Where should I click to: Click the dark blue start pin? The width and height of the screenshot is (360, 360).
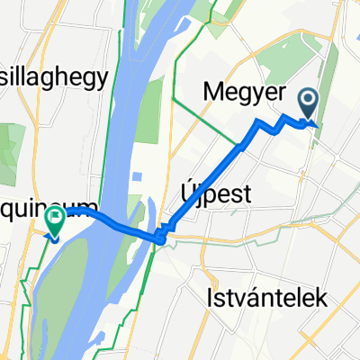(308, 106)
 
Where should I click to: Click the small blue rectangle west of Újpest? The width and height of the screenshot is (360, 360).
(139, 176)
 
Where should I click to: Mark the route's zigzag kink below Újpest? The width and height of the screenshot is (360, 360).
(160, 236)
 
